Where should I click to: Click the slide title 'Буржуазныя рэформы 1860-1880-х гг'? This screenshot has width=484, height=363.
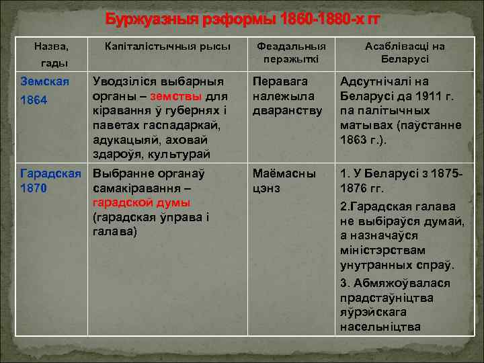pos(242,19)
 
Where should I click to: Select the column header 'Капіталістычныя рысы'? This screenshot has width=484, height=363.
pos(167,46)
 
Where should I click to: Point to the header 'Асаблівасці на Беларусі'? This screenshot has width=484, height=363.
pos(405,52)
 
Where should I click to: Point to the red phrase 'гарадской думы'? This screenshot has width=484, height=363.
pos(141,202)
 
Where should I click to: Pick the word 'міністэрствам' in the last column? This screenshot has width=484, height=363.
pos(380,249)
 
